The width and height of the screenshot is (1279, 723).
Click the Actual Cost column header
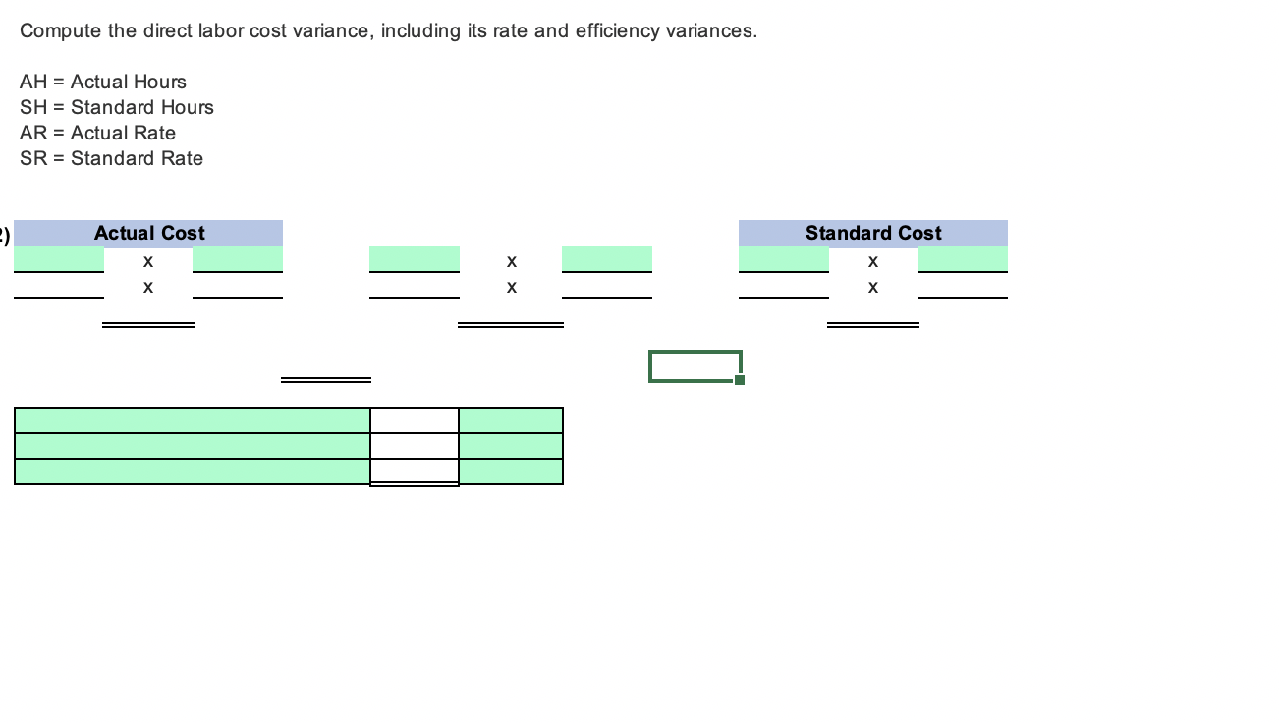(x=149, y=233)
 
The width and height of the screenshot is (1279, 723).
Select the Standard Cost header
(x=872, y=233)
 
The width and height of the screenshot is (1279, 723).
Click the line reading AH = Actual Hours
(x=103, y=82)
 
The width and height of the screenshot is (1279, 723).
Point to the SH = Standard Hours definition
(x=117, y=107)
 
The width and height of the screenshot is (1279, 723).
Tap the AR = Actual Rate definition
(x=98, y=133)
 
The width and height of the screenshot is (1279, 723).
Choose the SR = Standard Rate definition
(x=112, y=158)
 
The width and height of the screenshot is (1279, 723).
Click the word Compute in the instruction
(x=60, y=30)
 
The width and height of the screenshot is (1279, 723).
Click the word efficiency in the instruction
(x=618, y=30)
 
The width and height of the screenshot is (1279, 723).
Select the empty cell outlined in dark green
(x=694, y=365)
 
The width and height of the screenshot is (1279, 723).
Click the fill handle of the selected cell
(x=740, y=380)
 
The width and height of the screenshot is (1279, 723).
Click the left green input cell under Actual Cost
(x=59, y=258)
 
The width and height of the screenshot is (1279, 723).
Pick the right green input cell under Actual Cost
(x=238, y=258)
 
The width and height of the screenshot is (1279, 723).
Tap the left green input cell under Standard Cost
(x=783, y=258)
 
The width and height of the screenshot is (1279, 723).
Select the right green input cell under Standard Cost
(x=963, y=258)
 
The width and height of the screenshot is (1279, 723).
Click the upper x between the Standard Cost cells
(x=872, y=262)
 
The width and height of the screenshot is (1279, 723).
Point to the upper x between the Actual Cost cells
(x=147, y=262)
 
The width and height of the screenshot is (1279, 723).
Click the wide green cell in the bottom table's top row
(x=193, y=420)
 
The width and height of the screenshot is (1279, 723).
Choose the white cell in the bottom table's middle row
(x=414, y=446)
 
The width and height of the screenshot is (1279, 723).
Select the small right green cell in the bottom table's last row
(x=511, y=472)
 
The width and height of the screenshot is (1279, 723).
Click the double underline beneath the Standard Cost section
(x=872, y=325)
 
